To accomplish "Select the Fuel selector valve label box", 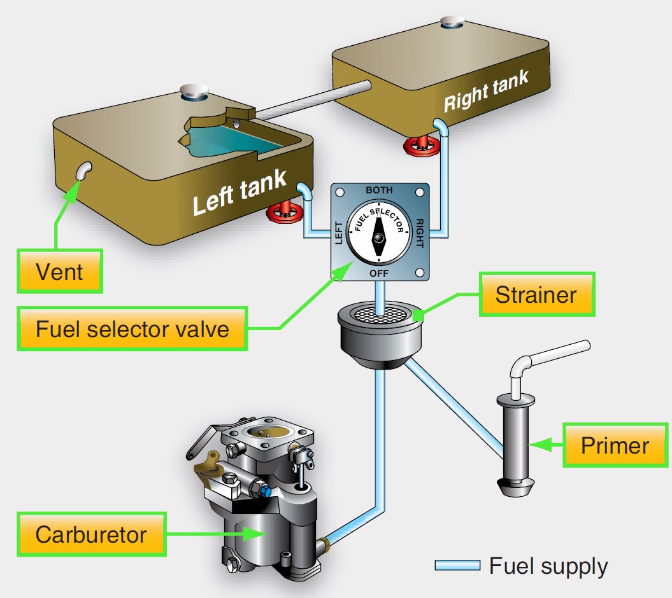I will pos(132,330).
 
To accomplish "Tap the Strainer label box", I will pos(536,295).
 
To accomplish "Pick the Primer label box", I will pos(614,445).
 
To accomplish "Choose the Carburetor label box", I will pos(90,534).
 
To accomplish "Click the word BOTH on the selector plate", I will pos(379,190).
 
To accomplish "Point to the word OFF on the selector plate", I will pos(379,273).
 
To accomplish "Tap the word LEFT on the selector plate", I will pos(338,232).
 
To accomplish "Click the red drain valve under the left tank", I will pos(285,212).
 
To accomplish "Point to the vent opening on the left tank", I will pos(83,170).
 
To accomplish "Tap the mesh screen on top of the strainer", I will pos(379,312).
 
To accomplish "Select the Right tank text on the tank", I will pos(486,92).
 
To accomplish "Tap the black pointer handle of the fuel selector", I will pos(379,237).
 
